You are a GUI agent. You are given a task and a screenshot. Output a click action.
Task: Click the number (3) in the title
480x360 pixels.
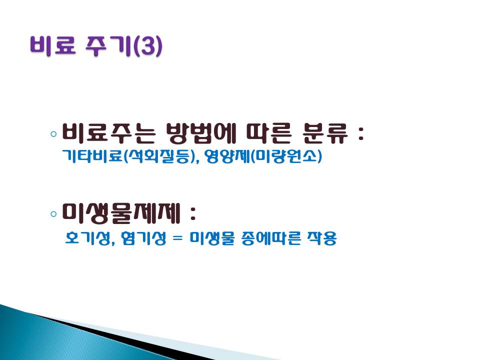point(148,46)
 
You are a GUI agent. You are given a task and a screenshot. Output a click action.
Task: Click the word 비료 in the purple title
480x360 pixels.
point(53,45)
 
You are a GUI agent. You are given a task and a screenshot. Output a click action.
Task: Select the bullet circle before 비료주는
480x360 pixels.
point(53,134)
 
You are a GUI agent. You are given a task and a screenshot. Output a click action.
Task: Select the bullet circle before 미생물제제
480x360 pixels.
point(53,213)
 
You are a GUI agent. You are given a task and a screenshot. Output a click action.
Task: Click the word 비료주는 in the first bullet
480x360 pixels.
point(108,133)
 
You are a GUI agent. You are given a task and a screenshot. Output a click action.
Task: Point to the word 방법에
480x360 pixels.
point(201,133)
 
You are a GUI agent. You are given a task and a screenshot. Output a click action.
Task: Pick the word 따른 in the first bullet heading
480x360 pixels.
point(268,133)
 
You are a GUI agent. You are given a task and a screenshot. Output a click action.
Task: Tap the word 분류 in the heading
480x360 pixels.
point(325,133)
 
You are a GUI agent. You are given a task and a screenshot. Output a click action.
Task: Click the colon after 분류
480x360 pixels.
point(361,134)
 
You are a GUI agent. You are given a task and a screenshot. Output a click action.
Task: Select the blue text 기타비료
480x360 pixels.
point(92,156)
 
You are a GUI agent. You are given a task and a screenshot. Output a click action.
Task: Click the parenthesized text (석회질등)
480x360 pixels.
point(159,156)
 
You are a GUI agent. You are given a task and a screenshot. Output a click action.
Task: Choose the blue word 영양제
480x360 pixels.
point(227,156)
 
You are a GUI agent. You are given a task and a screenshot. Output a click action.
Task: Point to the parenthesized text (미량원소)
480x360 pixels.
point(286,156)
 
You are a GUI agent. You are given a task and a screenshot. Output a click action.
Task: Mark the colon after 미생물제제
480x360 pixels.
point(192,213)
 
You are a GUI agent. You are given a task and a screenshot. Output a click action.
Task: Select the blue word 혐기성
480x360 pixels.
point(143,238)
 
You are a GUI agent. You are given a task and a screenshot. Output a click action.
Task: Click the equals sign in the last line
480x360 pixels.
point(177,238)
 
